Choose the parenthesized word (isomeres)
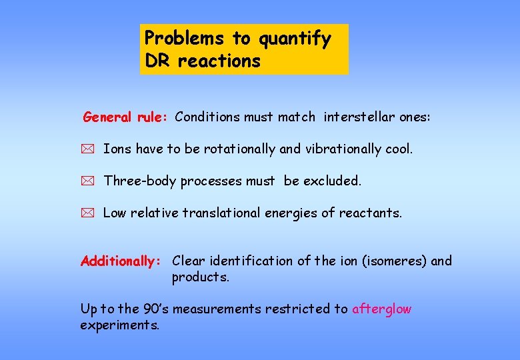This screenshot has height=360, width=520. pyautogui.click(x=394, y=261)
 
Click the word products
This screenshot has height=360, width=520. pyautogui.click(x=200, y=277)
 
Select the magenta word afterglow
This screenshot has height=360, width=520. pyautogui.click(x=381, y=309)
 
